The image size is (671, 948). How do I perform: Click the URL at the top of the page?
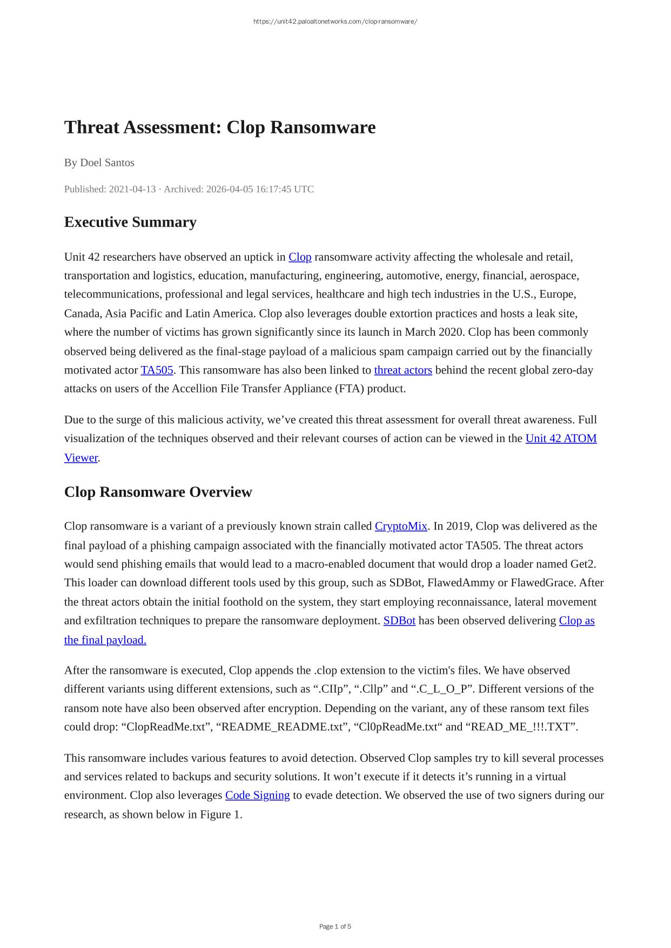click(335, 22)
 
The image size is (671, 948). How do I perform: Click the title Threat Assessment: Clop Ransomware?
click(220, 127)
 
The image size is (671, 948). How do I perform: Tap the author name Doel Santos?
click(107, 162)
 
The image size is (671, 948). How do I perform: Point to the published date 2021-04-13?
click(132, 189)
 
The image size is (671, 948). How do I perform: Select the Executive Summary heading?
click(130, 222)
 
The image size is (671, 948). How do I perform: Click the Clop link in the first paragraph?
click(300, 257)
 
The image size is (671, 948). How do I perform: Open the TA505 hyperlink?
click(157, 370)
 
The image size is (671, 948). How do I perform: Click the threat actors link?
click(403, 370)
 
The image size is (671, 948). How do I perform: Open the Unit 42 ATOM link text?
click(561, 438)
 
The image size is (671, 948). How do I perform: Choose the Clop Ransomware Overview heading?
click(158, 492)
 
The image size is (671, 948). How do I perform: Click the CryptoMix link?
click(401, 526)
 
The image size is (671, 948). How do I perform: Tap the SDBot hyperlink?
click(399, 621)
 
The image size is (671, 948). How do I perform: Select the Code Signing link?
click(257, 795)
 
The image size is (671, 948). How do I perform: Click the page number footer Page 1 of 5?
click(335, 926)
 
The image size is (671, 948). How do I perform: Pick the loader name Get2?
click(582, 564)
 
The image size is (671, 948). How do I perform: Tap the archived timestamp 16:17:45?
click(274, 189)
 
